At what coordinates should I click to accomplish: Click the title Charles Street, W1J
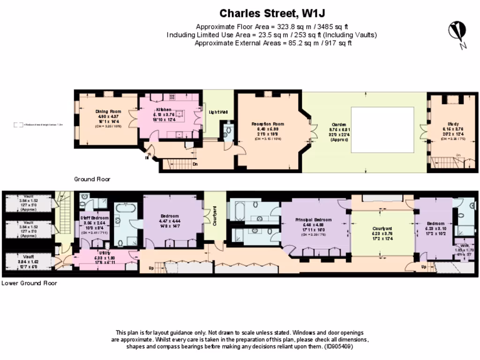tap(271, 13)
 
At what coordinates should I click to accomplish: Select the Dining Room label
tap(108, 112)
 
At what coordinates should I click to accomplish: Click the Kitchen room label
tap(164, 109)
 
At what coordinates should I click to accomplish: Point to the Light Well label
tap(218, 112)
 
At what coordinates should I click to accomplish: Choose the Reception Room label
tap(268, 124)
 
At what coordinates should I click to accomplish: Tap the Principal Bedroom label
tap(313, 219)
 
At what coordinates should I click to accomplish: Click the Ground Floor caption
tap(92, 179)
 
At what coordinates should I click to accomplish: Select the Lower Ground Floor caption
tap(29, 283)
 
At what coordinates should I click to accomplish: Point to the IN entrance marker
tap(146, 158)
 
